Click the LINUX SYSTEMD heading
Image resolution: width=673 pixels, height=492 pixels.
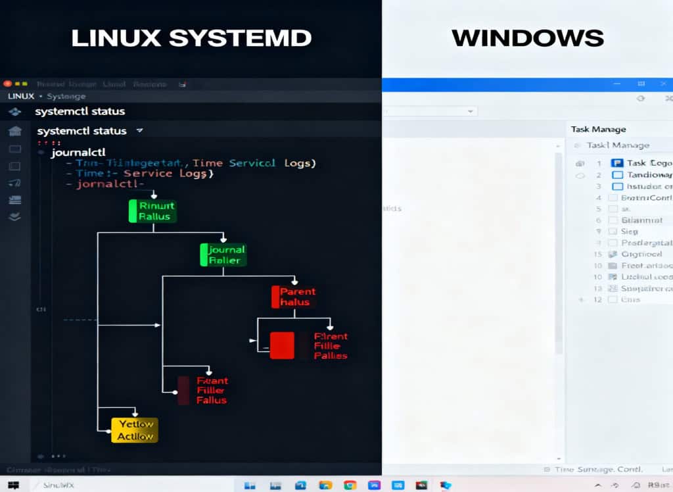pos(191,38)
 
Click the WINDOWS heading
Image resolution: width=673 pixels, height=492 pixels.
pos(527,38)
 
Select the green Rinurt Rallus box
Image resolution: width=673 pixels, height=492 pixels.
pos(153,211)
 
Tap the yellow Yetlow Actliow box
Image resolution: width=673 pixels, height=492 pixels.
pos(135,430)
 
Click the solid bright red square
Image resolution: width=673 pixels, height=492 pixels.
pos(282,345)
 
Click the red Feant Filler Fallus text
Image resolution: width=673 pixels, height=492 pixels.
pos(212,390)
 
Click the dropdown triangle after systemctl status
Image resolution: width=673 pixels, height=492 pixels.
pos(139,131)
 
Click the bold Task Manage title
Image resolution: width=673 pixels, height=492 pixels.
pos(598,129)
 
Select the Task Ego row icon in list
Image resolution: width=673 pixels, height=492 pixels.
pos(616,162)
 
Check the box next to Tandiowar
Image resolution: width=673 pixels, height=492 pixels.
pos(616,175)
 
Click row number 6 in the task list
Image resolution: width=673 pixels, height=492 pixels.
pos(599,220)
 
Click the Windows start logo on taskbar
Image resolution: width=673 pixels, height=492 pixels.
pos(13,485)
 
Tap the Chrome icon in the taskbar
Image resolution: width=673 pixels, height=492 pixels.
pos(350,485)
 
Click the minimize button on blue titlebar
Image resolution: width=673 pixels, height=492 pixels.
pos(617,84)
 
